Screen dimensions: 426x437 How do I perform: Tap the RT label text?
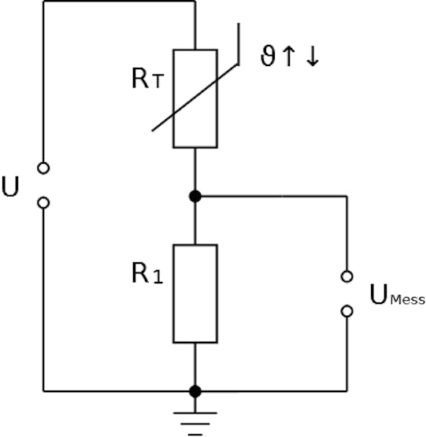(147, 78)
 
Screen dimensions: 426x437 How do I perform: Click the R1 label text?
(147, 273)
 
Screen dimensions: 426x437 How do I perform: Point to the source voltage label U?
(10, 187)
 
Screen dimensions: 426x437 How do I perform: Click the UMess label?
(398, 294)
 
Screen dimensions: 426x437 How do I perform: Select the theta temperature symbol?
(268, 55)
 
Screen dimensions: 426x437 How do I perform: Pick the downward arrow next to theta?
(313, 56)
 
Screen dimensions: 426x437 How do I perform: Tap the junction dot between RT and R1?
(195, 196)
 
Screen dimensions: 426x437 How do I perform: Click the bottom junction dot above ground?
(195, 391)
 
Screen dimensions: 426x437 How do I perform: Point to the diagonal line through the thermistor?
(194, 98)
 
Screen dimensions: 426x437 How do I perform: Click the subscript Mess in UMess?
(408, 300)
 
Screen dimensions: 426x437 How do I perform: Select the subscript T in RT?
(157, 82)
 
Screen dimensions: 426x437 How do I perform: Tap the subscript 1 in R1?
(157, 277)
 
